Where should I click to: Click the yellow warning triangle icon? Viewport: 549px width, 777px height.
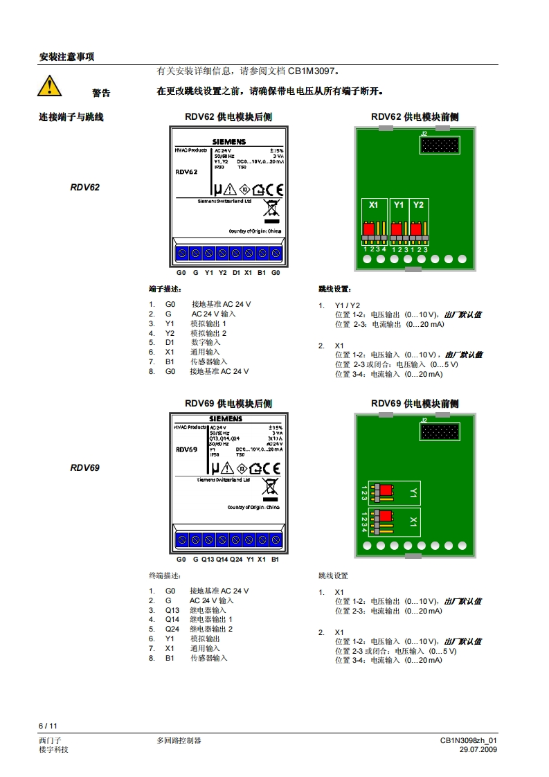click(49, 86)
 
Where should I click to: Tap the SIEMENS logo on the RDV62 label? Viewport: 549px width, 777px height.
click(228, 141)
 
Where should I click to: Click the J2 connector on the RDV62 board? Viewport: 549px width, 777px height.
click(439, 145)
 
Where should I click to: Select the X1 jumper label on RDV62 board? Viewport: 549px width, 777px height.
click(374, 205)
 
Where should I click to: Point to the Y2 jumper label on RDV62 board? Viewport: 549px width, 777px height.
click(418, 205)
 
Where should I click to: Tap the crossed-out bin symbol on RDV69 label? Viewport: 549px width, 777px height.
click(270, 488)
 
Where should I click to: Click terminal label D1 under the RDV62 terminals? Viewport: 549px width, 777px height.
click(235, 273)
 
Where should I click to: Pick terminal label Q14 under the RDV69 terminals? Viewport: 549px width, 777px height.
click(222, 559)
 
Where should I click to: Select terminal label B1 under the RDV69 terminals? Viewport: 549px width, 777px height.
click(275, 559)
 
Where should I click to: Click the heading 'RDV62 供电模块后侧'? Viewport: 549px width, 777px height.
click(228, 117)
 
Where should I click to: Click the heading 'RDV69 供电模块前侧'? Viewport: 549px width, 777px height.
click(415, 404)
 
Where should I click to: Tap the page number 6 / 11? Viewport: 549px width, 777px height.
click(47, 726)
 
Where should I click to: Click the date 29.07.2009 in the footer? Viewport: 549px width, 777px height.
click(478, 749)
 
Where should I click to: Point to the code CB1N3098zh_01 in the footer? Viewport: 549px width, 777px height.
click(469, 740)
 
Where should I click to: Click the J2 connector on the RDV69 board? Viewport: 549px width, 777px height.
click(439, 432)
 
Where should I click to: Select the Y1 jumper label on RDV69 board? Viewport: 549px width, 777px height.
click(413, 493)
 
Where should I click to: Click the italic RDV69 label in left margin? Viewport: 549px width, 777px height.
click(84, 467)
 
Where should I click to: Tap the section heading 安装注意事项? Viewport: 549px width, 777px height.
click(66, 57)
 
